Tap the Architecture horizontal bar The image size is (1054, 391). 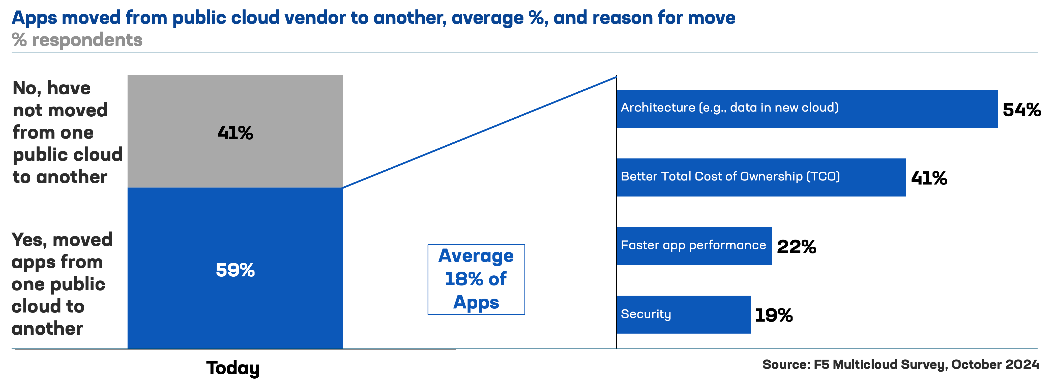pyautogui.click(x=807, y=109)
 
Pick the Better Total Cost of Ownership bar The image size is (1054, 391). pyautogui.click(x=761, y=177)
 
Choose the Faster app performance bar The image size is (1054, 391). pyautogui.click(x=694, y=246)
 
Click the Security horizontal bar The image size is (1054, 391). pyautogui.click(x=683, y=315)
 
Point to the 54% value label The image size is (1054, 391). pyautogui.click(x=1022, y=110)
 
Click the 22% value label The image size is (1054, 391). pyautogui.click(x=796, y=247)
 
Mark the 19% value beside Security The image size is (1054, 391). pyautogui.click(x=774, y=315)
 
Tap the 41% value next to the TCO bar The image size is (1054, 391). pyautogui.click(x=929, y=178)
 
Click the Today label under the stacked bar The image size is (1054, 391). pyautogui.click(x=233, y=368)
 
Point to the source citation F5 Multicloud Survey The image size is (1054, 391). pyautogui.click(x=900, y=364)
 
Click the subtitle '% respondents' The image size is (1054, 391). pyautogui.click(x=77, y=40)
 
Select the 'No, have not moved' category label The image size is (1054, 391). pyautogui.click(x=68, y=132)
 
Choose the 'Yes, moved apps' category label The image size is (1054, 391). pyautogui.click(x=62, y=284)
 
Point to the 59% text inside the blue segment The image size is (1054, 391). pyautogui.click(x=235, y=270)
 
